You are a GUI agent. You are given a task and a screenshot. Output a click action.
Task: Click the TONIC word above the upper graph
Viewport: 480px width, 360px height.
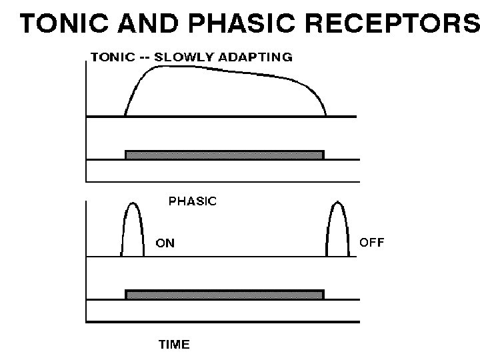click(111, 57)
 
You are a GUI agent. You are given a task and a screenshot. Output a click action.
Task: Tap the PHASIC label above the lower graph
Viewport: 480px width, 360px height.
click(193, 200)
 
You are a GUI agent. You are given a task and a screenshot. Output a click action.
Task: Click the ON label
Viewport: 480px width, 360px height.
click(165, 243)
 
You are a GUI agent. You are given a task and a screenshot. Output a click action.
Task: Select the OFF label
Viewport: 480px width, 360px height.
click(372, 242)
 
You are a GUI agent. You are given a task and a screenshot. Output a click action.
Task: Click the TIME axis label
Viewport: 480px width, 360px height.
click(173, 345)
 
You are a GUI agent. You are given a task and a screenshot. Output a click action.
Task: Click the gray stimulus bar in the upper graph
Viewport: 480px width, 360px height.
click(224, 155)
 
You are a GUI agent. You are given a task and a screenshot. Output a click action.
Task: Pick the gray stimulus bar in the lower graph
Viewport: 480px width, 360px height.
click(224, 295)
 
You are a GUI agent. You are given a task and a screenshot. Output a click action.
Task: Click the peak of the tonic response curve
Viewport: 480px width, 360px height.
click(153, 67)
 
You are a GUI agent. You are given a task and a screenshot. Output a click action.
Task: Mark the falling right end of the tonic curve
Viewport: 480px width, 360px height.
click(319, 100)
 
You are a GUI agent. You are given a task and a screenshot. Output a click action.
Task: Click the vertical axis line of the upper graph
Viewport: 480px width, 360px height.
click(87, 120)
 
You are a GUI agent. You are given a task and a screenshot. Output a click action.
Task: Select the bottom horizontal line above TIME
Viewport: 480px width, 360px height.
click(220, 322)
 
